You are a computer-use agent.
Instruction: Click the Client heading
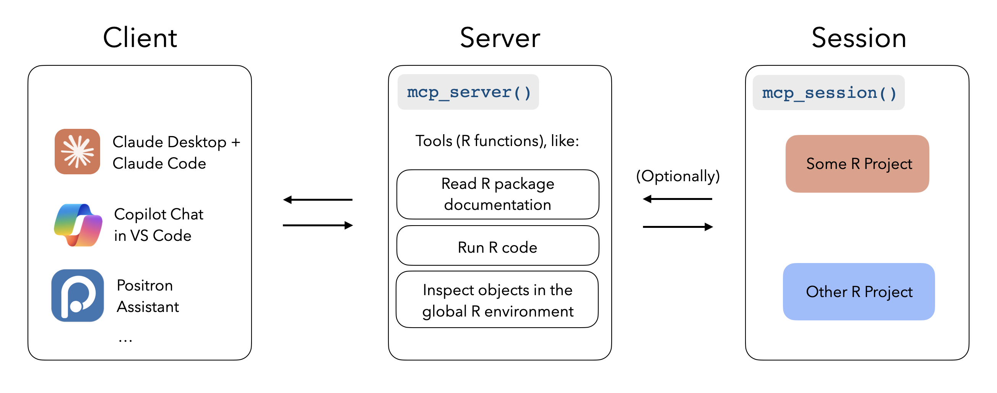point(140,38)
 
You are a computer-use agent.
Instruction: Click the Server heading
point(500,38)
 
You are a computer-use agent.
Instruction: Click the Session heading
point(859,38)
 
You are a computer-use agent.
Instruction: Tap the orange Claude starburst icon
point(77,151)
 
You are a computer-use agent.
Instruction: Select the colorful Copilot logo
point(78,225)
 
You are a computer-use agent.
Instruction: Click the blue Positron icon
point(77,296)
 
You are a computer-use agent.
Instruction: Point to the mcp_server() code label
point(468,92)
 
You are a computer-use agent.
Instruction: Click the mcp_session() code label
point(828,93)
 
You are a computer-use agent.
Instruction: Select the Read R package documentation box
point(497,194)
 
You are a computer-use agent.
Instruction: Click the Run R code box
point(497,247)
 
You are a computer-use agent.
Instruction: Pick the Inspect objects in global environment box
point(497,300)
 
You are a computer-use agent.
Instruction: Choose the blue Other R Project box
point(859,292)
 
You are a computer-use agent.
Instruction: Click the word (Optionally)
point(678,176)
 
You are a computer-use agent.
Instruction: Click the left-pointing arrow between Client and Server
point(317,200)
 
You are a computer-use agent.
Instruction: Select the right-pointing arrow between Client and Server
point(317,225)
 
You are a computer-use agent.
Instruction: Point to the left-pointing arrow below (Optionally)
point(677,199)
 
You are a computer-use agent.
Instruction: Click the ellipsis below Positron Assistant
point(125,340)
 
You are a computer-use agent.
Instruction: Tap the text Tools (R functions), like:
point(497,141)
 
